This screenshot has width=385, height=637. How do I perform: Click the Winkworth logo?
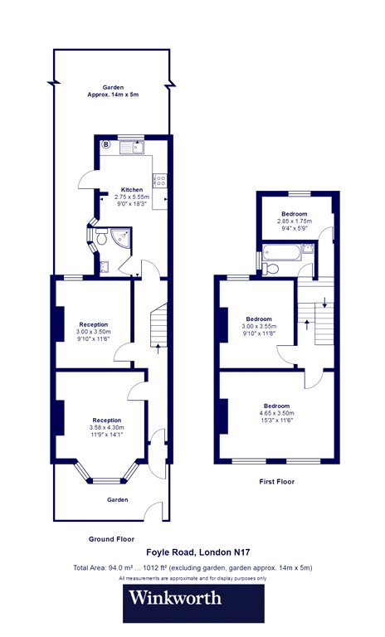coord(193,603)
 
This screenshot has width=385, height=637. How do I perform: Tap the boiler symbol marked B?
coord(105,143)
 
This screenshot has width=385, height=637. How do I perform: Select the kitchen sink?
coord(132,147)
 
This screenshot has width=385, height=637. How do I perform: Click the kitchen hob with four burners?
coord(159,180)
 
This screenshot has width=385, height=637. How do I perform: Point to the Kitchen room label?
coord(132,189)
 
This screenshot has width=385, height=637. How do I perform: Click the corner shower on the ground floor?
coord(122,237)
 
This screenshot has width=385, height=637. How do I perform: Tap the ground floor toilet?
coord(100,236)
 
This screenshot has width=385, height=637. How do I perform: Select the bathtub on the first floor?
coord(282,252)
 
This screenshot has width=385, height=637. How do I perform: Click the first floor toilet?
coord(270,269)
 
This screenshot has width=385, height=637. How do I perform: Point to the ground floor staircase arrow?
coord(158,348)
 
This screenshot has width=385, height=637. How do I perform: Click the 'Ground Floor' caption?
coord(111,539)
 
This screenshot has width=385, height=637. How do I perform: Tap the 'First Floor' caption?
coord(277,482)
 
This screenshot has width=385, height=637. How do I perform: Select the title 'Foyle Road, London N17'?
coord(198,552)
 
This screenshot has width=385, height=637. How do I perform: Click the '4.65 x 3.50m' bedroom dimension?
coord(276,413)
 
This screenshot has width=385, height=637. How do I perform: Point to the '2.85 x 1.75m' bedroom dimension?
coord(295,221)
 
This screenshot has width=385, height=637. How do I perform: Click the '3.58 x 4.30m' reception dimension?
coord(106,427)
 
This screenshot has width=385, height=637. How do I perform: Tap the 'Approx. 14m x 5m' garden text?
coord(113,95)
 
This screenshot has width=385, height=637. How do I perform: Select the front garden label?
coord(118,499)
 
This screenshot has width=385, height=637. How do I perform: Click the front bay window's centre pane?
coord(106,481)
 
